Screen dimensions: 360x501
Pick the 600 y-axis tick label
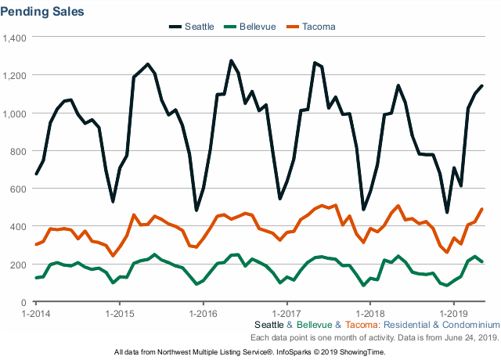coord(19,189)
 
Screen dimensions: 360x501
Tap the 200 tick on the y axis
coord(19,265)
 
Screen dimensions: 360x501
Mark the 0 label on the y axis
coord(24,302)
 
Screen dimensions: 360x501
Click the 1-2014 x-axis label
coord(36,313)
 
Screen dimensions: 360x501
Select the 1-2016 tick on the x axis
coord(203,313)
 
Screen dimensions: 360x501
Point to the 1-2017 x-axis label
coord(287,313)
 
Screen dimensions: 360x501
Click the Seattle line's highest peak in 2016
coord(231,60)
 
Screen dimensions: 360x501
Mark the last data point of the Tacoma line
coord(481,209)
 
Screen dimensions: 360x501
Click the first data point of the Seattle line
coord(36,174)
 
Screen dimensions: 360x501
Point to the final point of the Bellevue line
coord(481,261)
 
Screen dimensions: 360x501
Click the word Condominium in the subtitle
coord(470,324)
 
